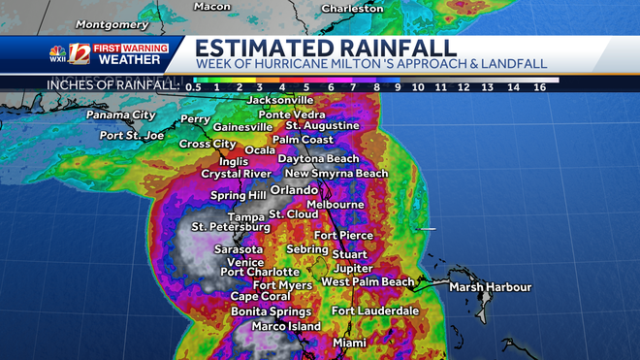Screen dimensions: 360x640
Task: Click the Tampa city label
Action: pyautogui.click(x=245, y=216)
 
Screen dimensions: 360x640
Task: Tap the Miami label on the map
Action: pyautogui.click(x=349, y=343)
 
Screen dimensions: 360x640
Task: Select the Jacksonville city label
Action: pyautogui.click(x=280, y=100)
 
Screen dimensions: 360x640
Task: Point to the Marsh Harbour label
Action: pyautogui.click(x=490, y=287)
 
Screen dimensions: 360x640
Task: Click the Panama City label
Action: pyautogui.click(x=119, y=115)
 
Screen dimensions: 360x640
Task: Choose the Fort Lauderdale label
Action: pyautogui.click(x=374, y=311)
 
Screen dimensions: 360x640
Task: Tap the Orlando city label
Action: pyautogui.click(x=294, y=189)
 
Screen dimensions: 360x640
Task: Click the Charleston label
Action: pyautogui.click(x=353, y=8)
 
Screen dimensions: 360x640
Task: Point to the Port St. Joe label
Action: pyautogui.click(x=134, y=136)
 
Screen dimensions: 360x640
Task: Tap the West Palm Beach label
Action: pyautogui.click(x=368, y=281)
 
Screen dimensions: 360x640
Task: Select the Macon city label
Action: pyautogui.click(x=211, y=6)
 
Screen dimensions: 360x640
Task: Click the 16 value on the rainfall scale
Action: pyautogui.click(x=538, y=86)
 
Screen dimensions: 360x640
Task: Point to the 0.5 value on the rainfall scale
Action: pyautogui.click(x=194, y=86)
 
